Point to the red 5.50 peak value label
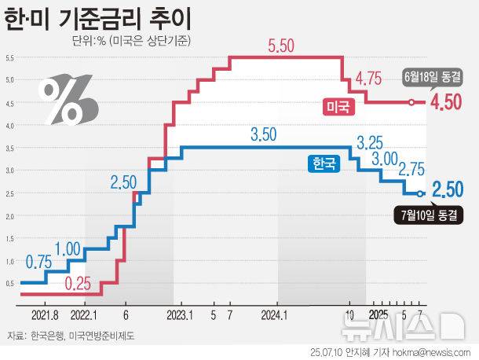(280, 46)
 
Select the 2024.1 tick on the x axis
(277, 313)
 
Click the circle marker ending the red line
(411, 102)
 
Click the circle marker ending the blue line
(421, 193)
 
